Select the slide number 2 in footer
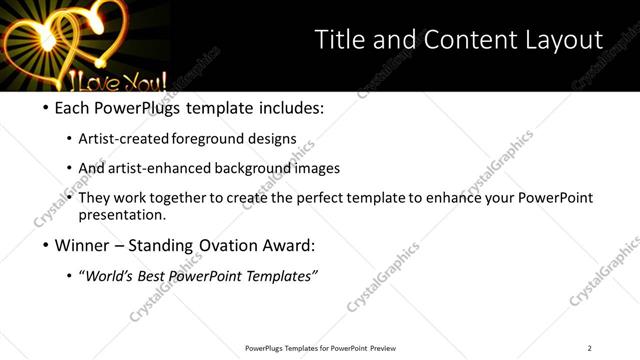click(x=589, y=348)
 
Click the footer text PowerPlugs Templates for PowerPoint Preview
click(x=320, y=348)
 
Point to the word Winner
click(x=82, y=245)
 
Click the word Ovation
click(x=224, y=245)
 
